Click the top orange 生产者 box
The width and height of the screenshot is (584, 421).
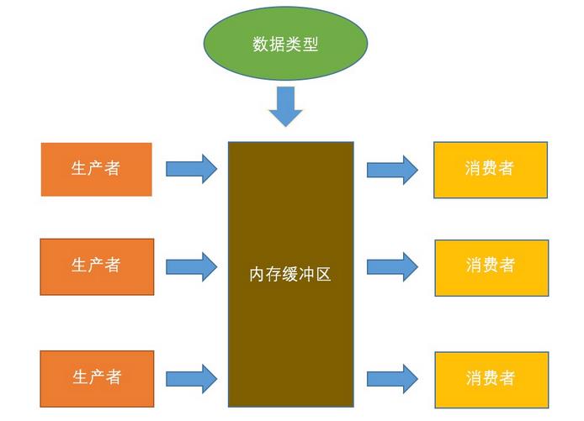pos(97,169)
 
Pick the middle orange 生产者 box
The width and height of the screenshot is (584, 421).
pos(97,266)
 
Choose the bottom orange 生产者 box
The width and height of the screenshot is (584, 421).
pos(97,378)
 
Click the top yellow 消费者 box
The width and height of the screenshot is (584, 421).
pos(491,170)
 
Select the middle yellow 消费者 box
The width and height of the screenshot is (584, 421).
pos(491,267)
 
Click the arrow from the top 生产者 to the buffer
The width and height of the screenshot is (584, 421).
pos(191,169)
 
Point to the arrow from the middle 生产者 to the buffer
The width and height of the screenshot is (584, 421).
pos(191,266)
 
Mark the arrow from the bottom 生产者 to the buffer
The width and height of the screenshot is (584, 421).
pos(191,378)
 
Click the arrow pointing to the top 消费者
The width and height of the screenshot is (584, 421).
pos(392,170)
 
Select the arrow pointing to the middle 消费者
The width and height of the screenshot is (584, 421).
pos(392,267)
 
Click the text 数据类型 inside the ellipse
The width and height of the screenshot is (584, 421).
pos(285,45)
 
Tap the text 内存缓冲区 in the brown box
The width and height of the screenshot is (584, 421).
pos(290,274)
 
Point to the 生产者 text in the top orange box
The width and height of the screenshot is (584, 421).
pos(97,169)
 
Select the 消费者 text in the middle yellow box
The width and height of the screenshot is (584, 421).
pos(491,266)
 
